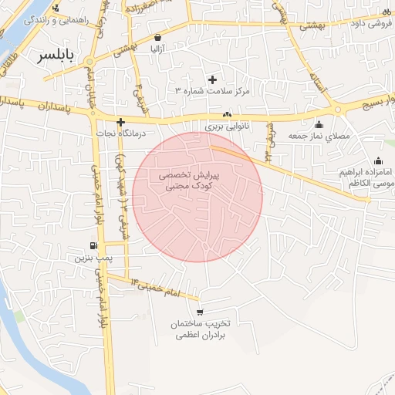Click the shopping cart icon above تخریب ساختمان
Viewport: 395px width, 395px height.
tap(201, 312)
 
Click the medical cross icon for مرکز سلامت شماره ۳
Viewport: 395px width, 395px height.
tap(213, 79)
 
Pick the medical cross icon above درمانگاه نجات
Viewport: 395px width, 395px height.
tap(120, 121)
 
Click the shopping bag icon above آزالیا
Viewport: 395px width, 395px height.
tap(158, 37)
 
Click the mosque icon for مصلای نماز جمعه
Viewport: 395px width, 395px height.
tap(319, 125)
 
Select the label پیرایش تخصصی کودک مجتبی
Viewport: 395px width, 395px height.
tap(190, 181)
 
